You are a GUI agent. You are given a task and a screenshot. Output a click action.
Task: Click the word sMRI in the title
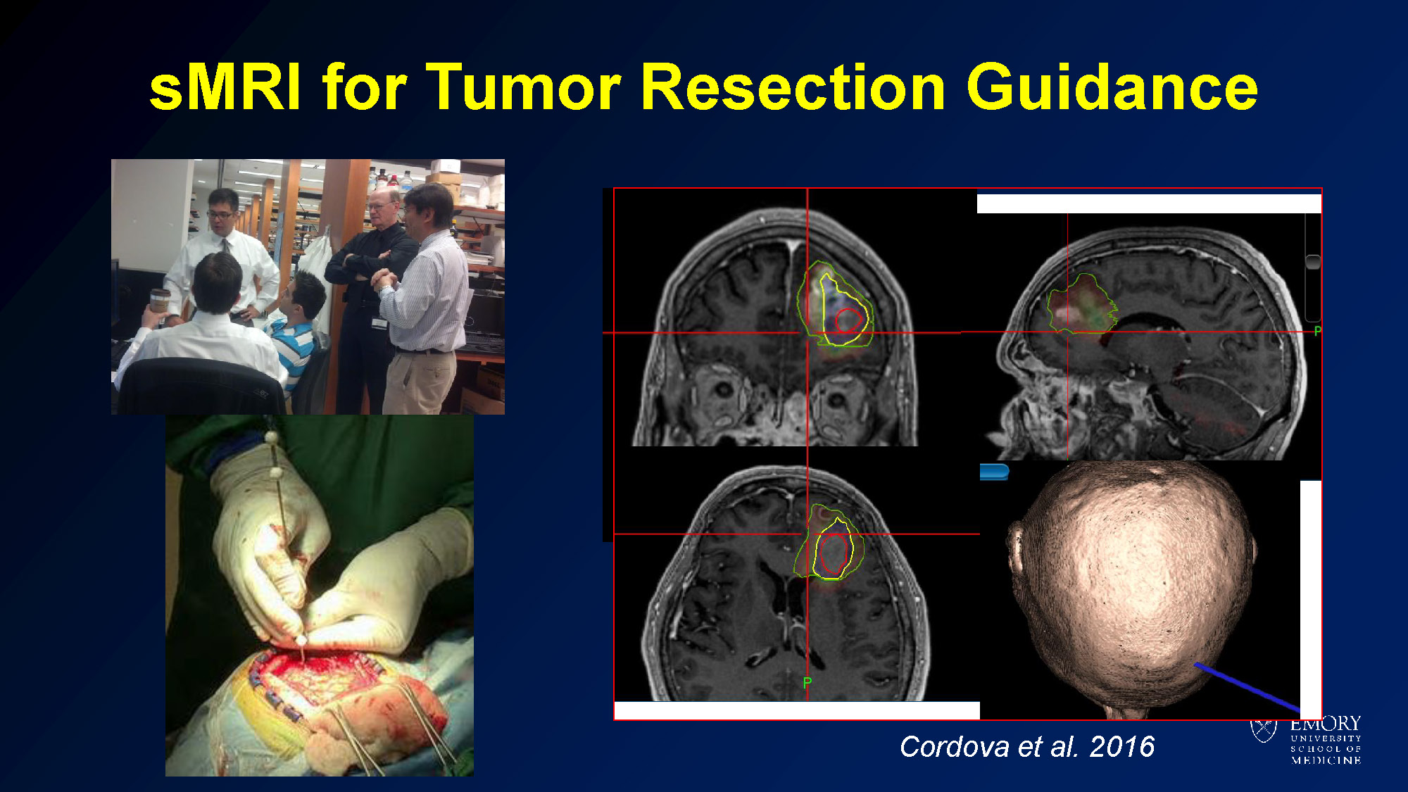226,87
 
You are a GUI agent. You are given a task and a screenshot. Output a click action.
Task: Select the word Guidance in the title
1112,87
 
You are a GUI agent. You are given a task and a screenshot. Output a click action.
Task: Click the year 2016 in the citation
1122,746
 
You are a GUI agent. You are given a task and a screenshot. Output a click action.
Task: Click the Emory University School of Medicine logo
1306,739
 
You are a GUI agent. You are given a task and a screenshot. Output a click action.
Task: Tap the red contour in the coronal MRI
848,320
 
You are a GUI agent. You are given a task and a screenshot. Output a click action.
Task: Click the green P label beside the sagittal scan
1317,331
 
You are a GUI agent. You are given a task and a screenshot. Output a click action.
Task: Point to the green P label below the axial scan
807,682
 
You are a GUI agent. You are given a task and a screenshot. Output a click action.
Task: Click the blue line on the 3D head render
1247,686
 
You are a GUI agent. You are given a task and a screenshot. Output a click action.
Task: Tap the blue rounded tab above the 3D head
994,472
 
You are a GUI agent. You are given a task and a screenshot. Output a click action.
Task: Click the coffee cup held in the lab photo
160,301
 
